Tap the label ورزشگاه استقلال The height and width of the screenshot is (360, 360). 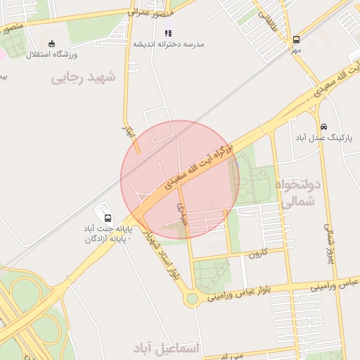pyautogui.click(x=52, y=54)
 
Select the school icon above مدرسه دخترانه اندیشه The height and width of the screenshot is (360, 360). pyautogui.click(x=168, y=32)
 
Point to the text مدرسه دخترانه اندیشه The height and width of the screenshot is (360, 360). pyautogui.click(x=169, y=44)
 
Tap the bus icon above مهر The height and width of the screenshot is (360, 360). pyautogui.click(x=296, y=40)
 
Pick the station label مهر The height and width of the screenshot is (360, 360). pyautogui.click(x=295, y=51)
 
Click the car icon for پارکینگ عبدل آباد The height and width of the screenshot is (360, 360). pyautogui.click(x=323, y=127)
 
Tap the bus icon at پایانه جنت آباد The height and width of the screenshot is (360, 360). pyautogui.click(x=107, y=217)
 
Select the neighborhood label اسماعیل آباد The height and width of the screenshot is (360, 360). pyautogui.click(x=166, y=348)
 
